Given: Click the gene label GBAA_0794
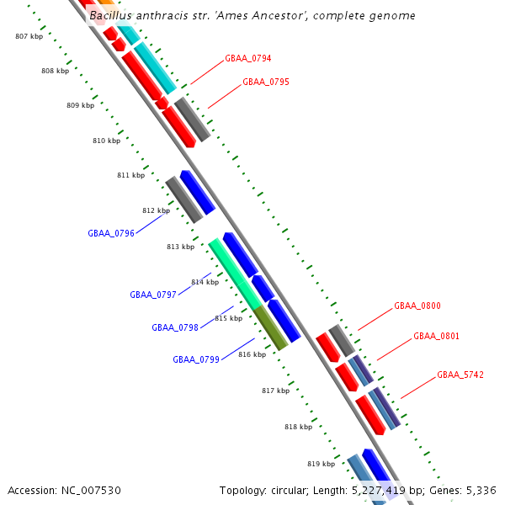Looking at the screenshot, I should click(x=247, y=59).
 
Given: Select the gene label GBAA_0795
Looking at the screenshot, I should click(x=265, y=82).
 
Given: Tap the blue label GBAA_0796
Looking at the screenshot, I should click(x=111, y=233).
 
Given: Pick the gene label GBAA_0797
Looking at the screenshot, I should click(x=153, y=295).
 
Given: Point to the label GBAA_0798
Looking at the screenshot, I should click(x=175, y=327).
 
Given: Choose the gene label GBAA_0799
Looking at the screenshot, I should click(x=196, y=359).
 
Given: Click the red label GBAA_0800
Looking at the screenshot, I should click(x=417, y=306).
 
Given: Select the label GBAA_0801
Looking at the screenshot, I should click(x=436, y=337).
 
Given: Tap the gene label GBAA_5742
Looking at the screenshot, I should click(x=460, y=375).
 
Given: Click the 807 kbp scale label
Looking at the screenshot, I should click(x=29, y=36).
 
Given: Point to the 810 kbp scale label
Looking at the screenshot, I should click(x=106, y=141).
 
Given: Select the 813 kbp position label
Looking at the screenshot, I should click(x=180, y=247).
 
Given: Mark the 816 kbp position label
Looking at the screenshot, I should click(x=252, y=354).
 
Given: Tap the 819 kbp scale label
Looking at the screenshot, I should click(x=321, y=464).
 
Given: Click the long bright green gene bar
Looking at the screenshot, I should click(x=235, y=274).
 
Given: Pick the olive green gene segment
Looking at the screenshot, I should click(x=272, y=329).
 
